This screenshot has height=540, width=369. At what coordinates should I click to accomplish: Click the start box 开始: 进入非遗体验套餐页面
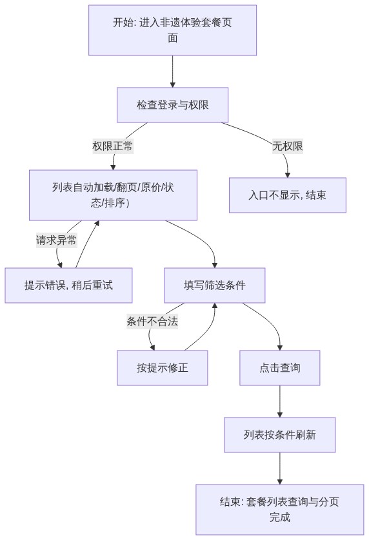point(172,30)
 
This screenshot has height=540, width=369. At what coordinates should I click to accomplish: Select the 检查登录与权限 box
point(172,105)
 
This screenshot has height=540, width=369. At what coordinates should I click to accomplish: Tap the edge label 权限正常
point(112,146)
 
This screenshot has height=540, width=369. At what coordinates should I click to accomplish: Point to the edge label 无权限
point(287,146)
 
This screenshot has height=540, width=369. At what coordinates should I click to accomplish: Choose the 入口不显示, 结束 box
point(288,195)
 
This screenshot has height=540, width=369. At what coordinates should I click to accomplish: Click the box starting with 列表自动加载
point(113,195)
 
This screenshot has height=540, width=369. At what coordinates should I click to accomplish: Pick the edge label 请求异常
point(56,240)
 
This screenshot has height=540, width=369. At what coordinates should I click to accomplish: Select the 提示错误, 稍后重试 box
point(68,285)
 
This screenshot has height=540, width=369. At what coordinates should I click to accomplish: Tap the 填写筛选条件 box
point(215,285)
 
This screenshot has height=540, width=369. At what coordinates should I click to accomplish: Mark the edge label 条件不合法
point(152,322)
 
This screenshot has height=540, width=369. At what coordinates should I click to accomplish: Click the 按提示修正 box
point(163,368)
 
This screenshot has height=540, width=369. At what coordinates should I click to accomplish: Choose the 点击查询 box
point(280,368)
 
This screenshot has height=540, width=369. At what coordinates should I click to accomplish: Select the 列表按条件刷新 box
point(280,435)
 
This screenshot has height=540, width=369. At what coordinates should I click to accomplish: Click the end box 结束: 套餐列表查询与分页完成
point(280,510)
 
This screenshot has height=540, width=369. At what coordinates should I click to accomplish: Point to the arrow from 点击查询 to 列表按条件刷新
point(280,401)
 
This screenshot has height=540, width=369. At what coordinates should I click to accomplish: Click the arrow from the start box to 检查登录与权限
point(172,72)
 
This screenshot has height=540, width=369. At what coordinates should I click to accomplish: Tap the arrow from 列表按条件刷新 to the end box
point(280,468)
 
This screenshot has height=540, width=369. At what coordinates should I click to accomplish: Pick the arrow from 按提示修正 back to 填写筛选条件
point(207,331)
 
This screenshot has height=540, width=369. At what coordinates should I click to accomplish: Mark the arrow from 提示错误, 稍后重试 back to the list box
point(86,244)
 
